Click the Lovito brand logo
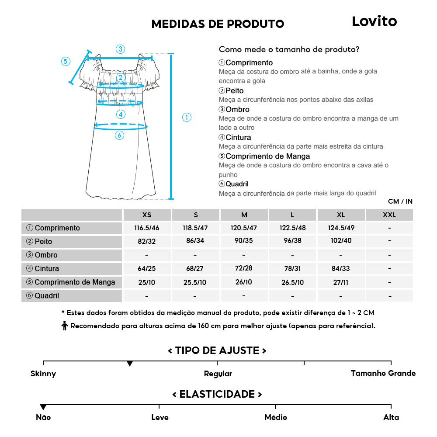click(x=374, y=21)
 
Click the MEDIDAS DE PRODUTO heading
click(x=218, y=24)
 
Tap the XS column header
click(x=147, y=215)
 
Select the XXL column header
click(x=389, y=215)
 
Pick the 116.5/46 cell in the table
click(x=147, y=228)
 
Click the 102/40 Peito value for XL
click(x=341, y=241)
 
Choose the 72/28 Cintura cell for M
click(x=244, y=268)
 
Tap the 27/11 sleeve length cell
click(x=341, y=282)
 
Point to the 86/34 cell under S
click(x=195, y=241)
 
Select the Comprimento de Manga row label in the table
click(x=71, y=282)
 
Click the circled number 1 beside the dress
click(x=187, y=117)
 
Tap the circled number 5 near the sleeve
click(x=66, y=61)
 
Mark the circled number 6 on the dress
click(x=120, y=135)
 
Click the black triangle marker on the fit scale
click(x=130, y=364)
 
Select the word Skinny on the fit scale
click(x=43, y=374)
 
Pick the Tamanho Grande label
click(x=383, y=373)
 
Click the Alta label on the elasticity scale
click(x=391, y=417)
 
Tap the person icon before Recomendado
click(x=65, y=326)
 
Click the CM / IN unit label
click(x=400, y=201)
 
